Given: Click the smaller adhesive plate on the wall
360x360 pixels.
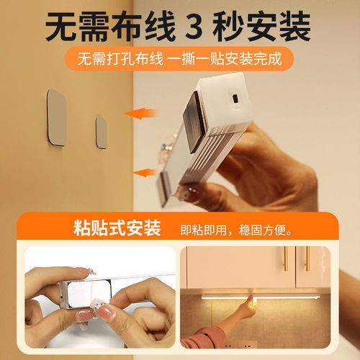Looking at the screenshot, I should point(102,132).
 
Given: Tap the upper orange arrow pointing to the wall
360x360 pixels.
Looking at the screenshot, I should point(141,112).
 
